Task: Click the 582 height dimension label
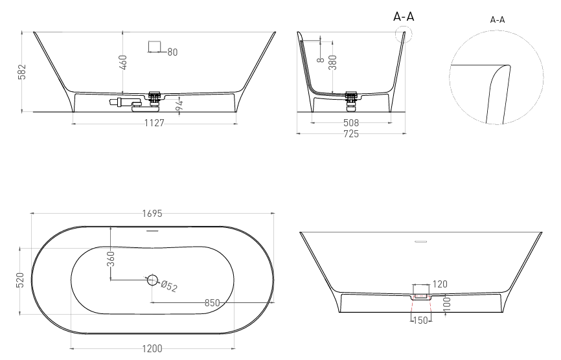click(x=22, y=72)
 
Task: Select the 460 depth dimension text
click(x=122, y=63)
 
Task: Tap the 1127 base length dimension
click(x=154, y=123)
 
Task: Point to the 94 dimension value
click(x=179, y=105)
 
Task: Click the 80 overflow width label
click(x=172, y=52)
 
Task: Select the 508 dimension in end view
click(x=350, y=123)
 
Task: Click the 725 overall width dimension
click(x=350, y=134)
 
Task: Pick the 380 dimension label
click(x=332, y=63)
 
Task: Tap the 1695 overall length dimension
click(x=152, y=214)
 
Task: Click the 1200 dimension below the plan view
click(x=152, y=348)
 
